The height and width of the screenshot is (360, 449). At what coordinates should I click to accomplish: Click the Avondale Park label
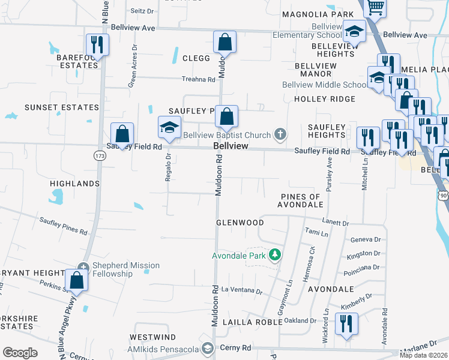coord(238,256)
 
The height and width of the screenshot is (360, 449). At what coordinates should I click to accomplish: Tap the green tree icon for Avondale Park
coord(275,255)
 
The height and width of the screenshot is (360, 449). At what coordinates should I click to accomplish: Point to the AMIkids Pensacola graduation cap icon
coord(208,348)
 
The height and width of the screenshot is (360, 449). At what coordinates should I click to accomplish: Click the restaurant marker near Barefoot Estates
coord(96,44)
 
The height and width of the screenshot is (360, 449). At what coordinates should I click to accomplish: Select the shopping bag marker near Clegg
coord(225,43)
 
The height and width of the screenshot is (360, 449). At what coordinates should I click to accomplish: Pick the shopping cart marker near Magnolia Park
coord(375,8)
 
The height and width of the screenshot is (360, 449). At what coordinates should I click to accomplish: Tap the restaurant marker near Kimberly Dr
coord(346,325)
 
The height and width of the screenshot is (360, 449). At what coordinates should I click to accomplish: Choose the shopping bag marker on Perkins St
coord(76,280)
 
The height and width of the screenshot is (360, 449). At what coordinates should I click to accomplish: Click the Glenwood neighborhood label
coord(240,223)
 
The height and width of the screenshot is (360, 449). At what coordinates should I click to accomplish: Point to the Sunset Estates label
coord(61,107)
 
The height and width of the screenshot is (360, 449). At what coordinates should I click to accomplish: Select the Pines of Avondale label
coord(300,201)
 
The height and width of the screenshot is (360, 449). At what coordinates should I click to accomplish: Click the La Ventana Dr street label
coord(242,289)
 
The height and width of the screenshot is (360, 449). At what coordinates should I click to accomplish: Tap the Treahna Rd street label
coord(199,79)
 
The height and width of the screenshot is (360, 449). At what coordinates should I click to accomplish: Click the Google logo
coord(20,353)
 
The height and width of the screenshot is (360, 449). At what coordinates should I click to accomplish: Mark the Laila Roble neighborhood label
coord(252,322)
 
